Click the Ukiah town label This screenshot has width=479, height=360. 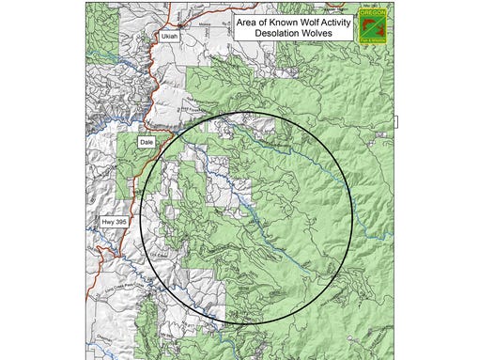point(168,37)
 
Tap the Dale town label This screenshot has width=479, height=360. point(146,142)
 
